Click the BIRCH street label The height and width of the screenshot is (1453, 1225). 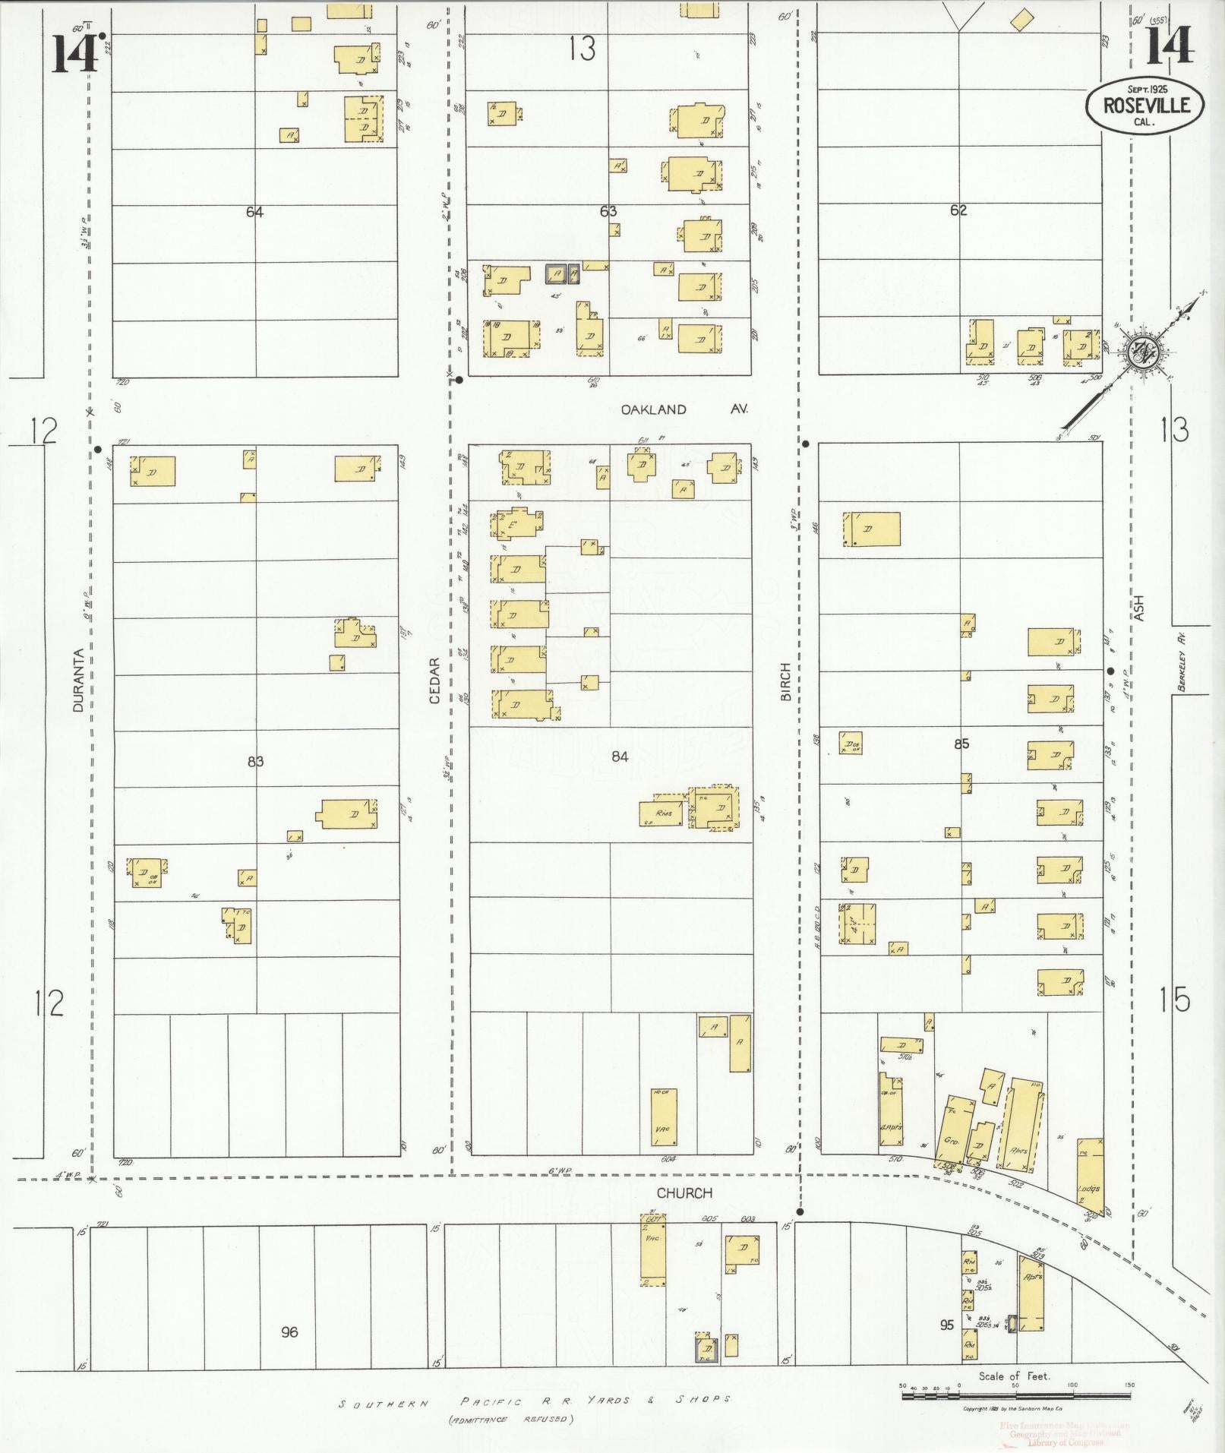[785, 681]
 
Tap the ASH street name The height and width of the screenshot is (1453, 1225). [1139, 608]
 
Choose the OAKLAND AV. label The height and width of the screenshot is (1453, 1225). [684, 409]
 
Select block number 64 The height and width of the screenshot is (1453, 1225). [254, 212]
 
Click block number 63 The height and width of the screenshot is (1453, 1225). [608, 211]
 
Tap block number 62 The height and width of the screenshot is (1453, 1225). [958, 210]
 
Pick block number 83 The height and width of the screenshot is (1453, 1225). [255, 761]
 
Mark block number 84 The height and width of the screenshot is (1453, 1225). [620, 757]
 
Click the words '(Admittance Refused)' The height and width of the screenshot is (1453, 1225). [510, 1418]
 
